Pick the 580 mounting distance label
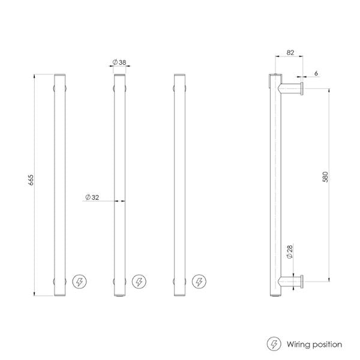325,178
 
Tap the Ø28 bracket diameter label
289,252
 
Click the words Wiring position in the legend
314,344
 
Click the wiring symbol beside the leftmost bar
79,281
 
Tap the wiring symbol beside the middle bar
139,281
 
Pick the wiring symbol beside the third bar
198,281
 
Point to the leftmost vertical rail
61,180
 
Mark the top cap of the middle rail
120,75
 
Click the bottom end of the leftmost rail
61,294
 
